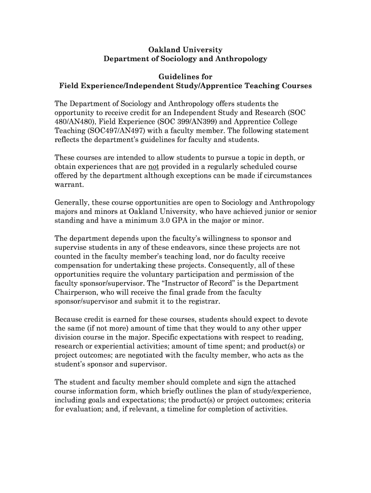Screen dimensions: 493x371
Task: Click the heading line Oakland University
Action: (185, 50)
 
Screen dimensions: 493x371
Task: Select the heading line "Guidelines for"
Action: (185, 77)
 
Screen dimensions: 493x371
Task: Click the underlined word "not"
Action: (153, 167)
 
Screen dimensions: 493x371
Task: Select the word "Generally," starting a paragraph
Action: (72, 202)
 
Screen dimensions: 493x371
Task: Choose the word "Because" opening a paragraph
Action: (69, 319)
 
